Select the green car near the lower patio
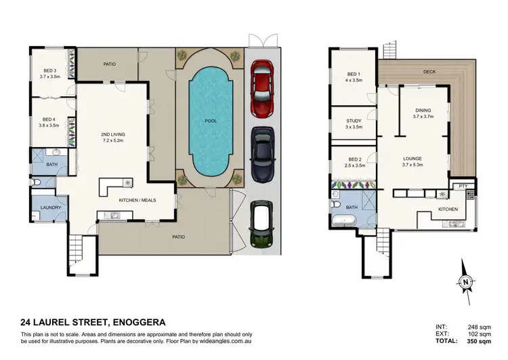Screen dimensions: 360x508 (x=263, y=225)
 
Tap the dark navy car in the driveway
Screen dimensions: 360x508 (x=263, y=154)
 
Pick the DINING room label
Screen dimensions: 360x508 (x=422, y=111)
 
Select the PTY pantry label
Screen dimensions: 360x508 (x=463, y=186)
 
